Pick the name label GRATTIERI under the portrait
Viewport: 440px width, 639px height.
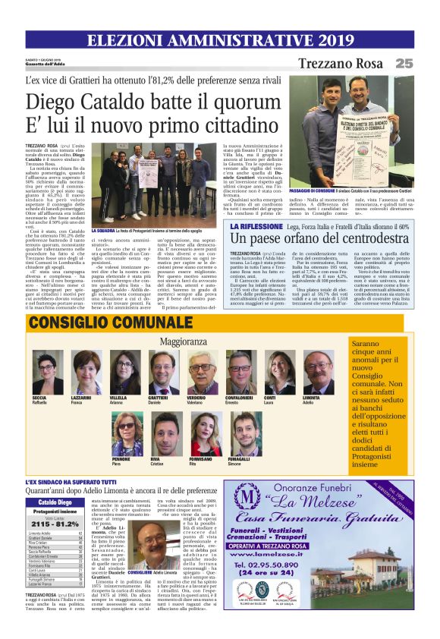(x=158, y=397)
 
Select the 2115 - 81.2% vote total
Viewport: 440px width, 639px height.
(x=57, y=523)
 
